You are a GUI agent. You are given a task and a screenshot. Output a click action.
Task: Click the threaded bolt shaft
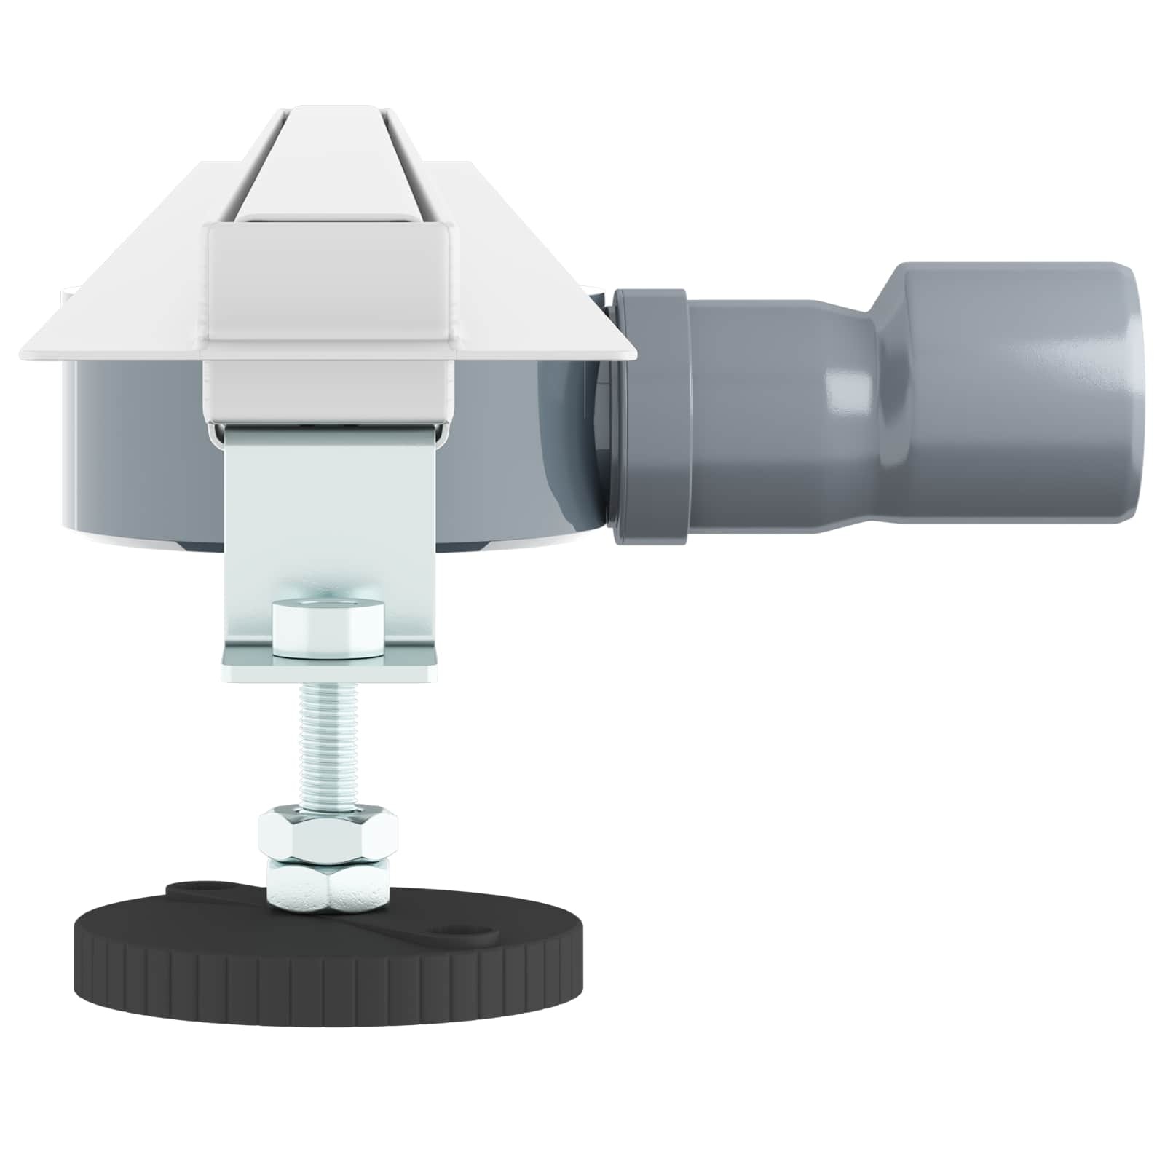tap(328, 743)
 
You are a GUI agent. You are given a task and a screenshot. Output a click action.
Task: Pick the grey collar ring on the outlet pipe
tap(650, 415)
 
